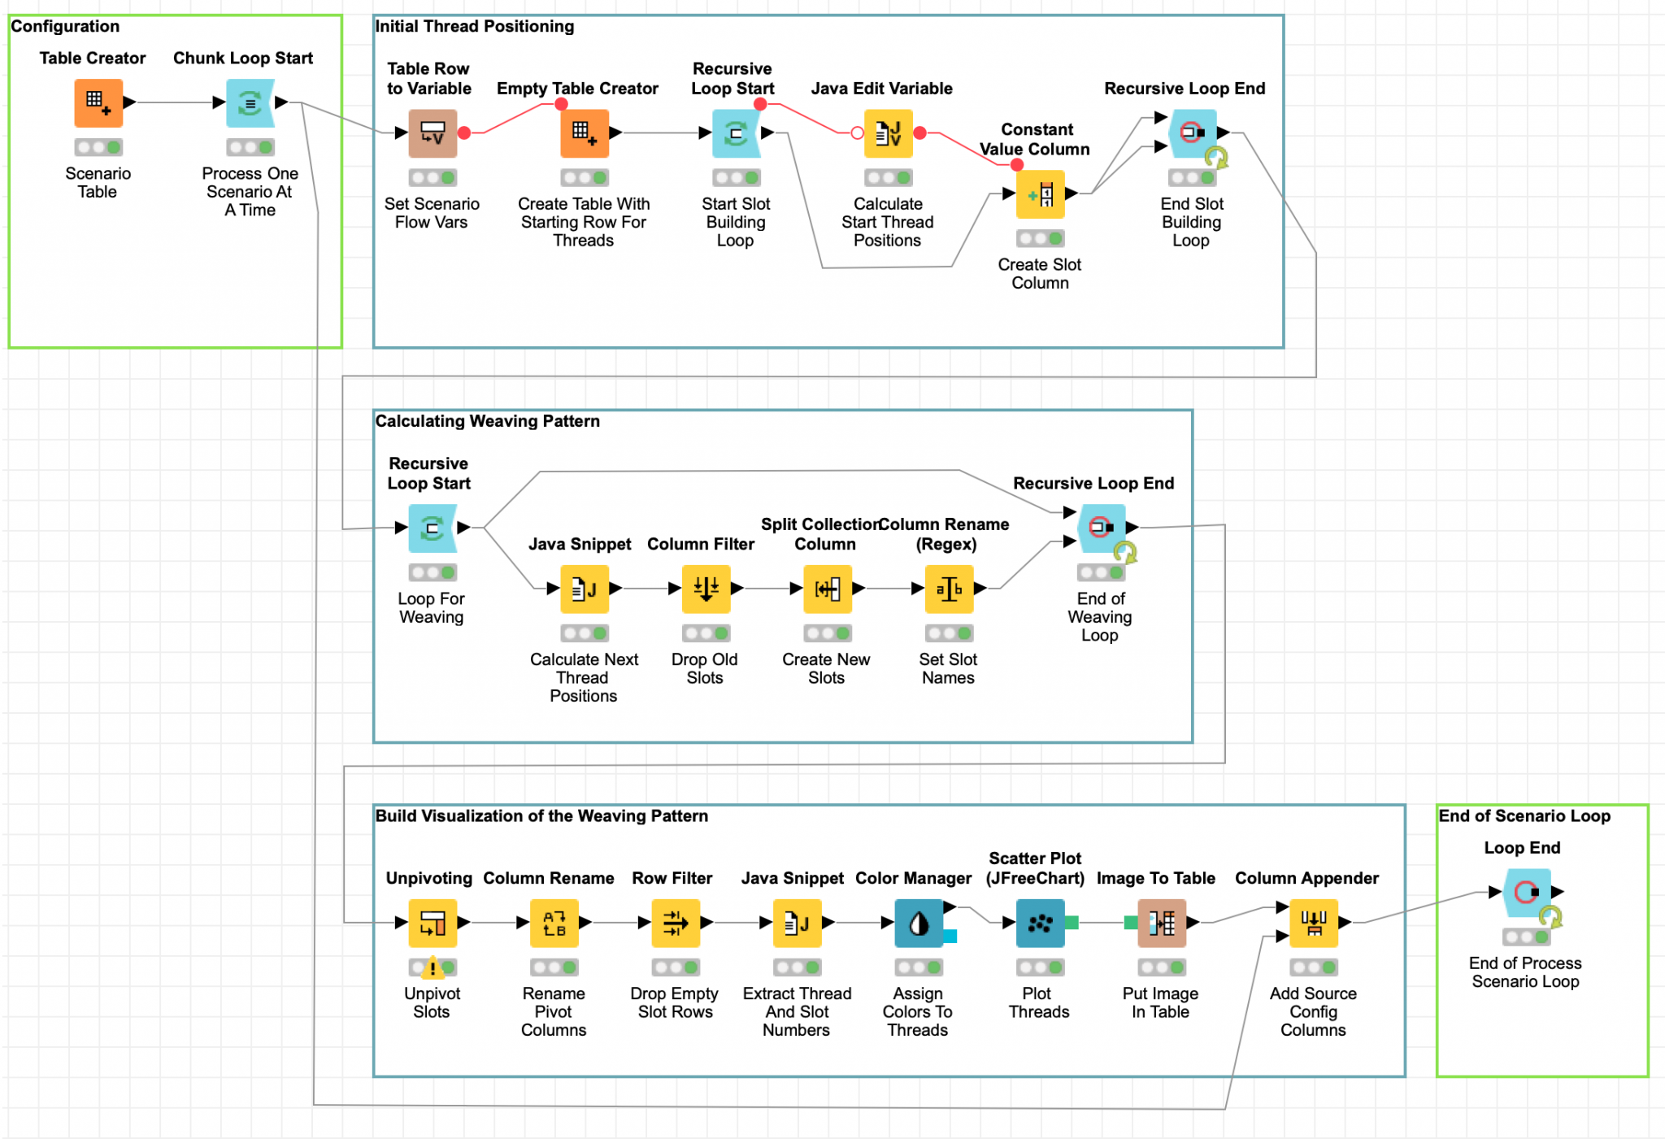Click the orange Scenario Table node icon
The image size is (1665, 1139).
(98, 103)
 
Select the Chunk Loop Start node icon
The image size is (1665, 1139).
(250, 103)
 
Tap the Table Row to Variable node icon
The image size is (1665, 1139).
(433, 133)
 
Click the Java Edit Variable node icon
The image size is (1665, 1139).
(888, 133)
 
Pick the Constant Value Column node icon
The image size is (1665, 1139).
(1040, 194)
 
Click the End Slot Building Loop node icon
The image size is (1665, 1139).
(1192, 133)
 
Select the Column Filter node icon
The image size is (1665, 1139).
(705, 589)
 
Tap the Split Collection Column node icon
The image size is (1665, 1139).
(827, 589)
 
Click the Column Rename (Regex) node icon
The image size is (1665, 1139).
(949, 589)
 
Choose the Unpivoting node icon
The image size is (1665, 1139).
(433, 923)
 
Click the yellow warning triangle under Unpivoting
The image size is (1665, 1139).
(433, 967)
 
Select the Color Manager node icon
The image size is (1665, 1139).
(919, 923)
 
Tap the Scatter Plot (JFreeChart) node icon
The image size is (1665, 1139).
(1040, 923)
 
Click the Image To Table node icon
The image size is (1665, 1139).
(1161, 923)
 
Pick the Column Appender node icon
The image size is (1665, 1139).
(1314, 923)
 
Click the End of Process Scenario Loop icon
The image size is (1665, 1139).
(1527, 893)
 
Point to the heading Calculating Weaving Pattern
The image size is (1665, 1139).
(487, 421)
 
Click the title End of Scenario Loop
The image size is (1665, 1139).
(1524, 815)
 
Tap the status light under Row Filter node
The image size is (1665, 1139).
(676, 967)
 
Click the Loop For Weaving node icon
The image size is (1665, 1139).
(433, 528)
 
